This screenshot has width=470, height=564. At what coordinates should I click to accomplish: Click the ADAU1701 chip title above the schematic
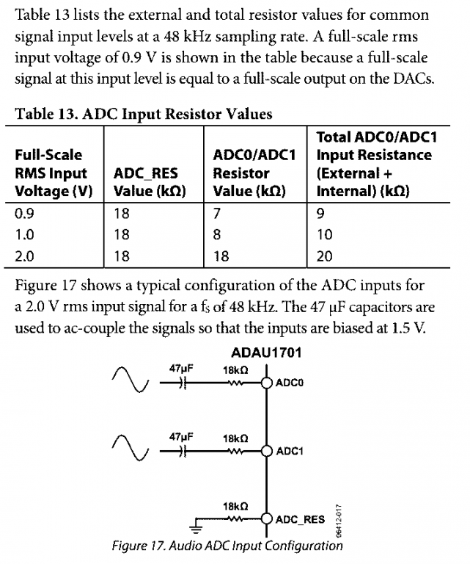click(266, 352)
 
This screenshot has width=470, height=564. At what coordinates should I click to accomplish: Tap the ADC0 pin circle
click(266, 383)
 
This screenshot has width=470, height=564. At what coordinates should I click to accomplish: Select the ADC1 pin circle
click(266, 451)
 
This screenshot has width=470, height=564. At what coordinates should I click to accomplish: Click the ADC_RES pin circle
click(266, 518)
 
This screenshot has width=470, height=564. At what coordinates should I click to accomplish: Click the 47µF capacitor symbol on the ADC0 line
click(184, 383)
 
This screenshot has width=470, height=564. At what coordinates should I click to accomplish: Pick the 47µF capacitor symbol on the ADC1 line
click(184, 451)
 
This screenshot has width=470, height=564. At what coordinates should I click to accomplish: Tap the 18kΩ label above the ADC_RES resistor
click(235, 507)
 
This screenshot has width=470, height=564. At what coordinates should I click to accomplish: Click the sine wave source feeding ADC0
click(130, 379)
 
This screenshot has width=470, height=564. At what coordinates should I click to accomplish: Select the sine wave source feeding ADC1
click(130, 447)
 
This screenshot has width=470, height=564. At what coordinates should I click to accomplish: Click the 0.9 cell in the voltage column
click(24, 214)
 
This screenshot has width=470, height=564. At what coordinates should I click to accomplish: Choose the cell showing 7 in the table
click(216, 214)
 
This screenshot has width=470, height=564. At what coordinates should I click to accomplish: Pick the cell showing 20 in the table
click(325, 256)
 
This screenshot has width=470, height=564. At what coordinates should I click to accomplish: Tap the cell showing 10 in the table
click(325, 235)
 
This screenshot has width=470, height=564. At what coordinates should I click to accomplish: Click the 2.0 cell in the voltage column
click(24, 256)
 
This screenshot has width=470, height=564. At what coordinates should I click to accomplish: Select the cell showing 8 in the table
click(216, 235)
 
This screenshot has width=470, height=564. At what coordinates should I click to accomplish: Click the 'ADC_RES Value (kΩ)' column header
click(150, 182)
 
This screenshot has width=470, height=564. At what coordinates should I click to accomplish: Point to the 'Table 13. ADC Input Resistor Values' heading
click(144, 114)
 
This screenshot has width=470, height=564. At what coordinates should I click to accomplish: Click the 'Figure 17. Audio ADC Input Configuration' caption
click(227, 546)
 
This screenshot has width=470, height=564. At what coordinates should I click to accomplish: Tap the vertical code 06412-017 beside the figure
click(338, 521)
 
